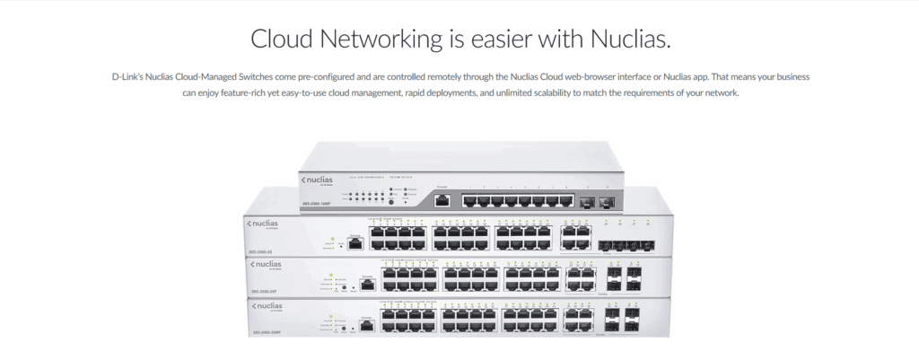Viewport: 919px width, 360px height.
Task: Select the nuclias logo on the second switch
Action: [263, 223]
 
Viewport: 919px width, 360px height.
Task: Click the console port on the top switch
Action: [442, 200]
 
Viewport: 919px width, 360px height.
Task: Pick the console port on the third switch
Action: [367, 285]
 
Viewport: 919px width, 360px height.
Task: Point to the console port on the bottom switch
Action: [367, 326]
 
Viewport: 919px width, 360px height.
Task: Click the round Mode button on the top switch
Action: [390, 203]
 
